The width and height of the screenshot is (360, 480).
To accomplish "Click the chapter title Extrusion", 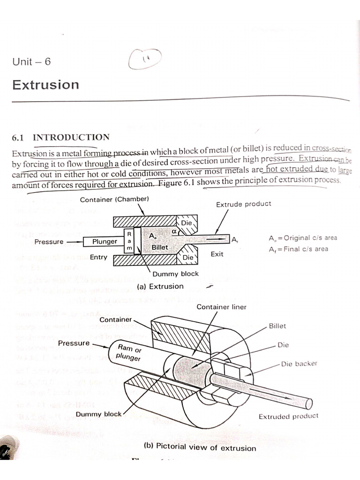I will pos(45,85).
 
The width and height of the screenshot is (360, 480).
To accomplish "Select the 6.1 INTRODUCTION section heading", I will pos(60,137).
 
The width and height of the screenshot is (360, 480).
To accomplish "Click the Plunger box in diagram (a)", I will pos(105,241).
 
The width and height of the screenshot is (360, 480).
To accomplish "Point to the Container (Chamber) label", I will pos(114,199).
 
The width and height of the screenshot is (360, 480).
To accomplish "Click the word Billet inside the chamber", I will pos(159,247).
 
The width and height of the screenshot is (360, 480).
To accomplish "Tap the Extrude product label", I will pos(243,204).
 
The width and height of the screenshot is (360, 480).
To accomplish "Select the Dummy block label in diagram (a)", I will pos(175,274).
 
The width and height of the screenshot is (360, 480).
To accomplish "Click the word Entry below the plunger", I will pos(98,257).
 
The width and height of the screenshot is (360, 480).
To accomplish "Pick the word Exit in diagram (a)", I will pos(217,254).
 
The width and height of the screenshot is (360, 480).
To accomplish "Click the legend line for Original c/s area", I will pos(303,238).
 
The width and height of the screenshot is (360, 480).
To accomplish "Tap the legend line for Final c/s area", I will pos(299,249).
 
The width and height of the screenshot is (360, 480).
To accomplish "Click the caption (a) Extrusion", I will pos(160,286).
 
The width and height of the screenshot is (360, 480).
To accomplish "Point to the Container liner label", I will pos(221,307).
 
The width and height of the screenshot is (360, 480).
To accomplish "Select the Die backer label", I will pos(299,364).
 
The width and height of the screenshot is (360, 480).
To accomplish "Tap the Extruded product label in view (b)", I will pos(288,416).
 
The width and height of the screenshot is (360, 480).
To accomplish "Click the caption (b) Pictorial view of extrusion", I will pos(200,447).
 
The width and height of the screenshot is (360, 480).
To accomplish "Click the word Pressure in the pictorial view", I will pos(74,343).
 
